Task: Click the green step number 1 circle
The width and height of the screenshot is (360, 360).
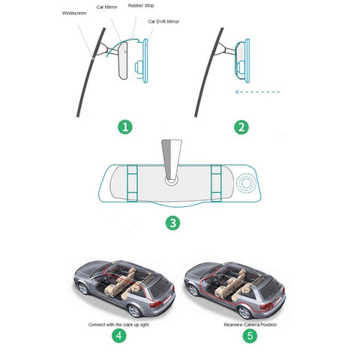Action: (125, 127)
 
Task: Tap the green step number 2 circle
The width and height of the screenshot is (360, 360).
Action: (241, 127)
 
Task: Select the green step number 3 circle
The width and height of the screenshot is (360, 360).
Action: (173, 223)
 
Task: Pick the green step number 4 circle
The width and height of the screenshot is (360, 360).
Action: (119, 335)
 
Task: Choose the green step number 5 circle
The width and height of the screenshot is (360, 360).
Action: (250, 335)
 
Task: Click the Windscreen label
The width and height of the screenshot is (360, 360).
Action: (74, 13)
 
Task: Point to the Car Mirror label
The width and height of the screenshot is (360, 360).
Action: (106, 7)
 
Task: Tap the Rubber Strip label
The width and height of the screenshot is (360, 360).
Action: (141, 5)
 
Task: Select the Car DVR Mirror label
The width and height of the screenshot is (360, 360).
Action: (163, 22)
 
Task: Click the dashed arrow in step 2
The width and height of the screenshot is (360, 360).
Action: (258, 91)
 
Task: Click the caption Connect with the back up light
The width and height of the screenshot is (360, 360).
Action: (118, 325)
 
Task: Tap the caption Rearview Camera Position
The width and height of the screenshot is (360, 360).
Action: (250, 325)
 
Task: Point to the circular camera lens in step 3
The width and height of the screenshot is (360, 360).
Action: (246, 183)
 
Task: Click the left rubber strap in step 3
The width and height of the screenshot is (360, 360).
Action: (132, 183)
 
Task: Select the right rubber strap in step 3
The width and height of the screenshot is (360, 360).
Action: (216, 183)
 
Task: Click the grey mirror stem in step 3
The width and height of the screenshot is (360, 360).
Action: (171, 160)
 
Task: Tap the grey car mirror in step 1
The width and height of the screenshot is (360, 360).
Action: (123, 61)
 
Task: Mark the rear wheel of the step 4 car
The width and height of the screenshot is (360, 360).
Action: (134, 310)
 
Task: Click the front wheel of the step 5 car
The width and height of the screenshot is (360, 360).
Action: (193, 290)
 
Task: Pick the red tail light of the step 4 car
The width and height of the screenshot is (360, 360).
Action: (156, 304)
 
